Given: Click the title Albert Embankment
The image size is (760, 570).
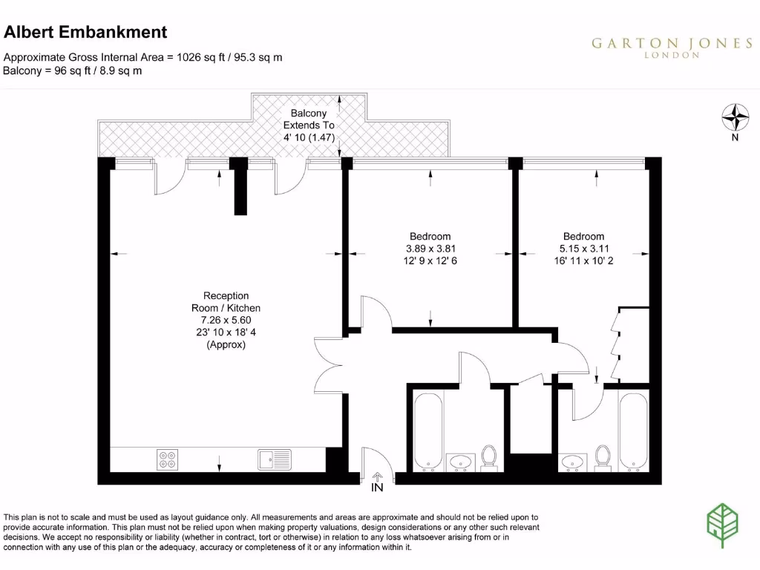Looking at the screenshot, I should pos(85,32).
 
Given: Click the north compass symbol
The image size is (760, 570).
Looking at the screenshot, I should pos(734,117).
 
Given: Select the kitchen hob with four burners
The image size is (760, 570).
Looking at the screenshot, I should pos(167,459).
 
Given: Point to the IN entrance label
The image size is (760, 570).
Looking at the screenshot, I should pos(377,488).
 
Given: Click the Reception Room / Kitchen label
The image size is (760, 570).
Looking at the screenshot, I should pos(227,301).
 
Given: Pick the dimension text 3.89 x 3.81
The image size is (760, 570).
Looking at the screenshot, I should pos(430,249).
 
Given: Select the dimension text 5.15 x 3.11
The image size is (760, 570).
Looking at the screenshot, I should pos(583,249).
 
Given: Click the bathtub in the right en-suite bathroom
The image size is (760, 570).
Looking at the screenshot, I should pos(633,431).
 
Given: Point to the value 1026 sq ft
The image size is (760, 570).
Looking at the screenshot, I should pos(200,56).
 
